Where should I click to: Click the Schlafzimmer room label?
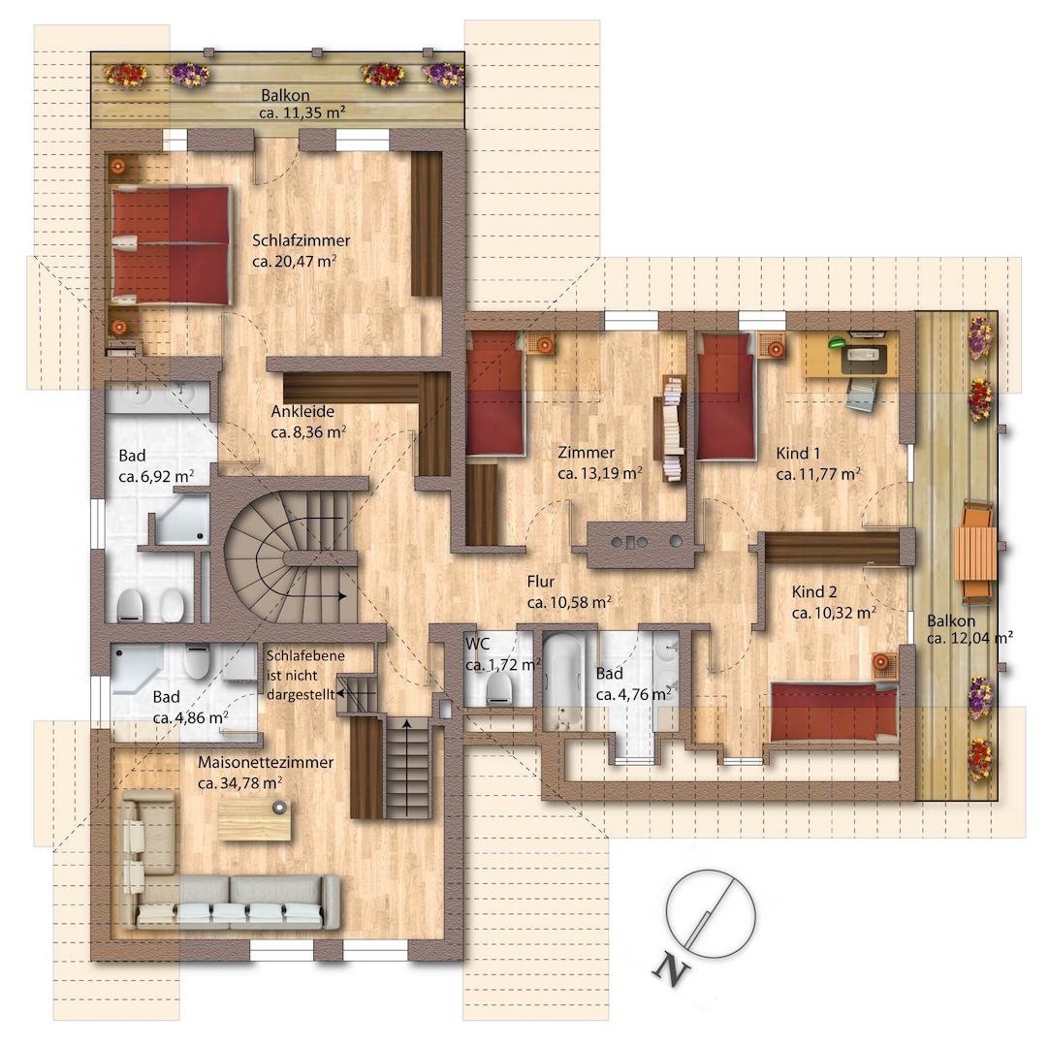(x=302, y=240)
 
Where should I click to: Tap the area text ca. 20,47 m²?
(x=295, y=262)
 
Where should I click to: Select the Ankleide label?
(x=302, y=411)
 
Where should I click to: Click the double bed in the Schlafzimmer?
(x=172, y=245)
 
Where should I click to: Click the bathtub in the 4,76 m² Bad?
(x=563, y=682)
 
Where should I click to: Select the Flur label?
(x=541, y=582)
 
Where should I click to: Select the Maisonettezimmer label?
(x=266, y=763)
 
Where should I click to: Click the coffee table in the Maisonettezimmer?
(x=255, y=819)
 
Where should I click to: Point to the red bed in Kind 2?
(x=834, y=712)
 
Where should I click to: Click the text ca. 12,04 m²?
(x=970, y=638)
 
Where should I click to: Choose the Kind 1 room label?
(x=798, y=454)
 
